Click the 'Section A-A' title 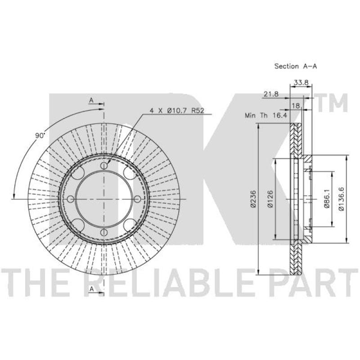pyautogui.click(x=296, y=66)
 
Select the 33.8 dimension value pyautogui.click(x=301, y=82)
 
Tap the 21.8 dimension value pyautogui.click(x=271, y=94)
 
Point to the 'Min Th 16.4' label pyautogui.click(x=266, y=115)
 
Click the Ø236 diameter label pyautogui.click(x=253, y=199)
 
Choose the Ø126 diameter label pyautogui.click(x=270, y=199)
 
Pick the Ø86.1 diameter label pyautogui.click(x=327, y=199)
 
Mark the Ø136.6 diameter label pyautogui.click(x=342, y=199)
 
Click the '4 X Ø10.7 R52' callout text pyautogui.click(x=177, y=111)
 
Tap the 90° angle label pyautogui.click(x=40, y=135)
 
